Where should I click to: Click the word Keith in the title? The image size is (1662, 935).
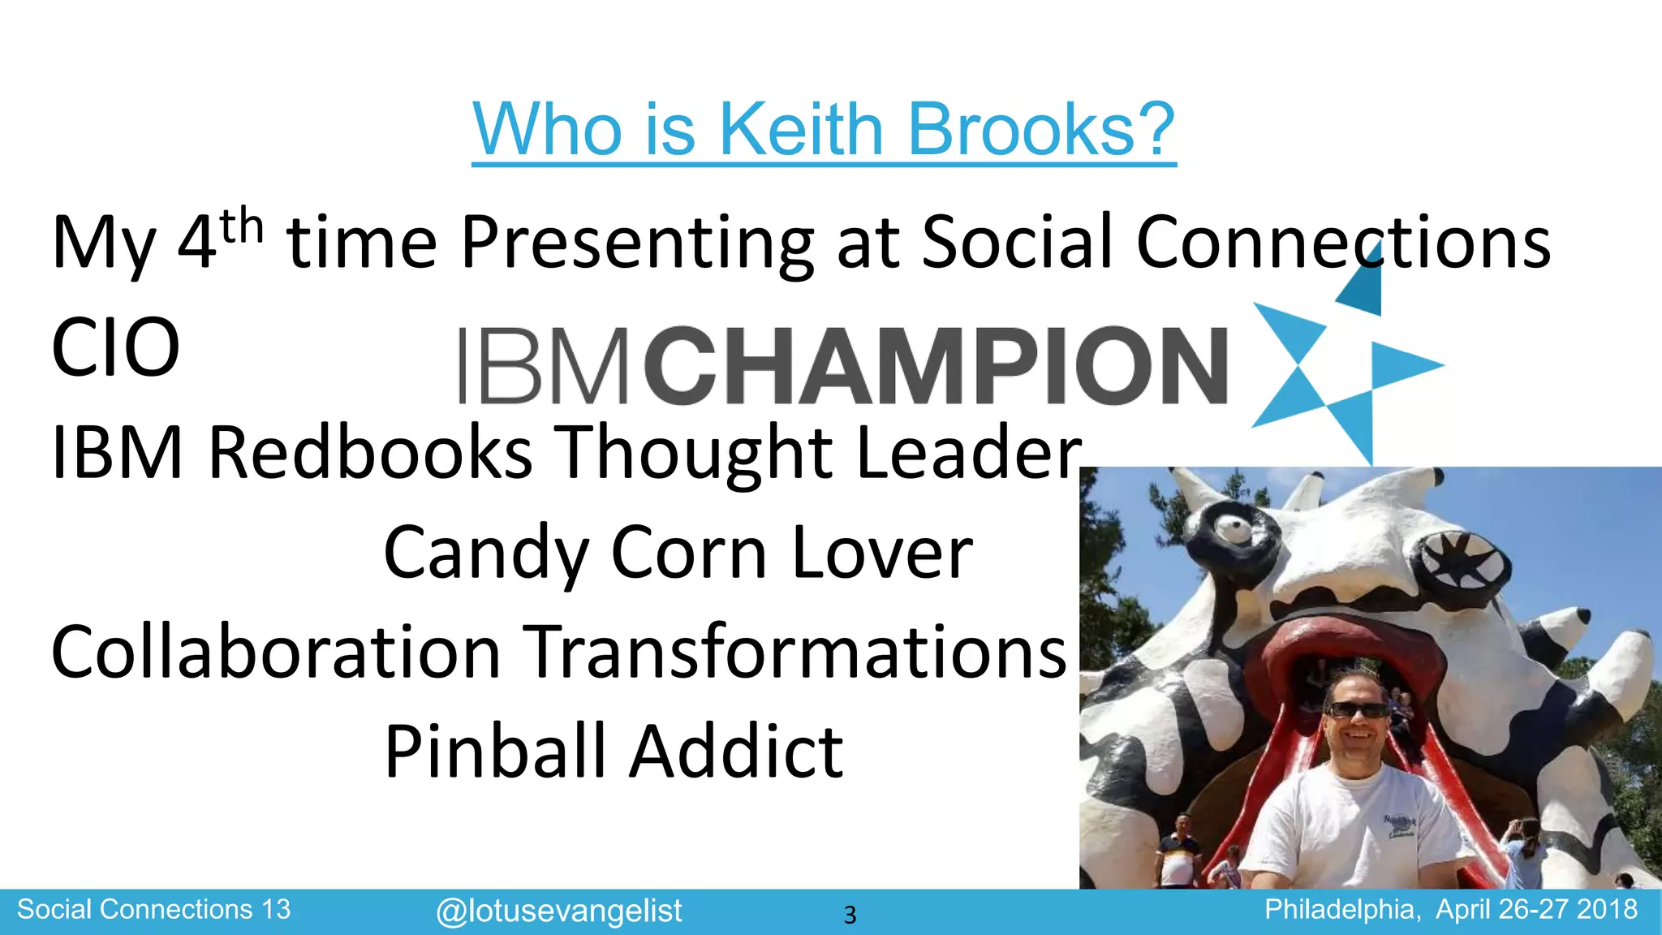point(802,130)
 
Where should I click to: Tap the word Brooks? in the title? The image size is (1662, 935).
point(1042,130)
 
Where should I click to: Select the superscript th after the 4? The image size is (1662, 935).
point(242,227)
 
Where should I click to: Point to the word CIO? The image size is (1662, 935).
point(115,348)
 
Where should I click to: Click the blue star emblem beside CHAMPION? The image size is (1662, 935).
point(1343,365)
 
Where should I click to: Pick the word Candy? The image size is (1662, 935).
point(486,554)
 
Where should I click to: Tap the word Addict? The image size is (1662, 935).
point(737,752)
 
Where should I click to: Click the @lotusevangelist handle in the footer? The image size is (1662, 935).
point(558,911)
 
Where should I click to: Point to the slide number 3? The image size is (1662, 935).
point(850,916)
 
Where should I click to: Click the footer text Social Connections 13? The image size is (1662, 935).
point(153,910)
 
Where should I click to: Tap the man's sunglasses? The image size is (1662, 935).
point(1356,710)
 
